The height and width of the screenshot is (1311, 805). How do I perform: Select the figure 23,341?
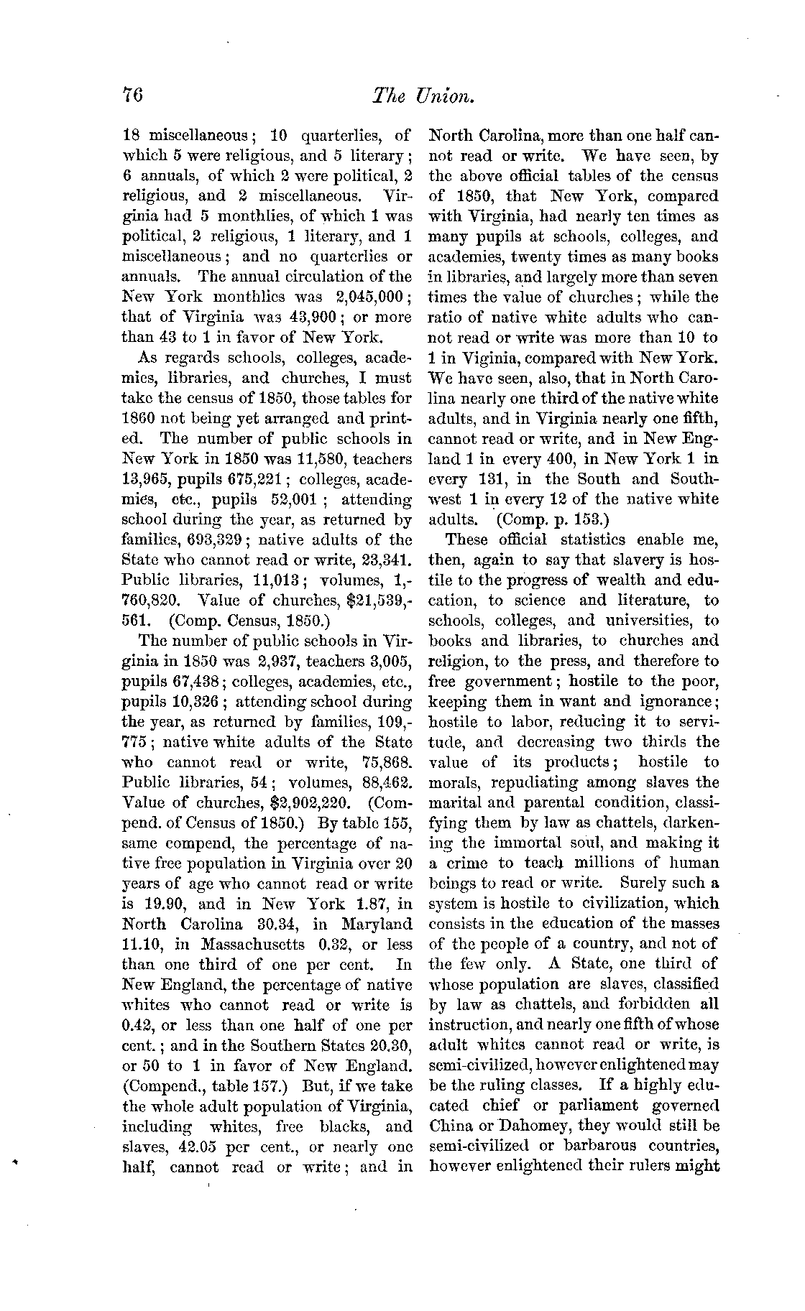click(x=385, y=560)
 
